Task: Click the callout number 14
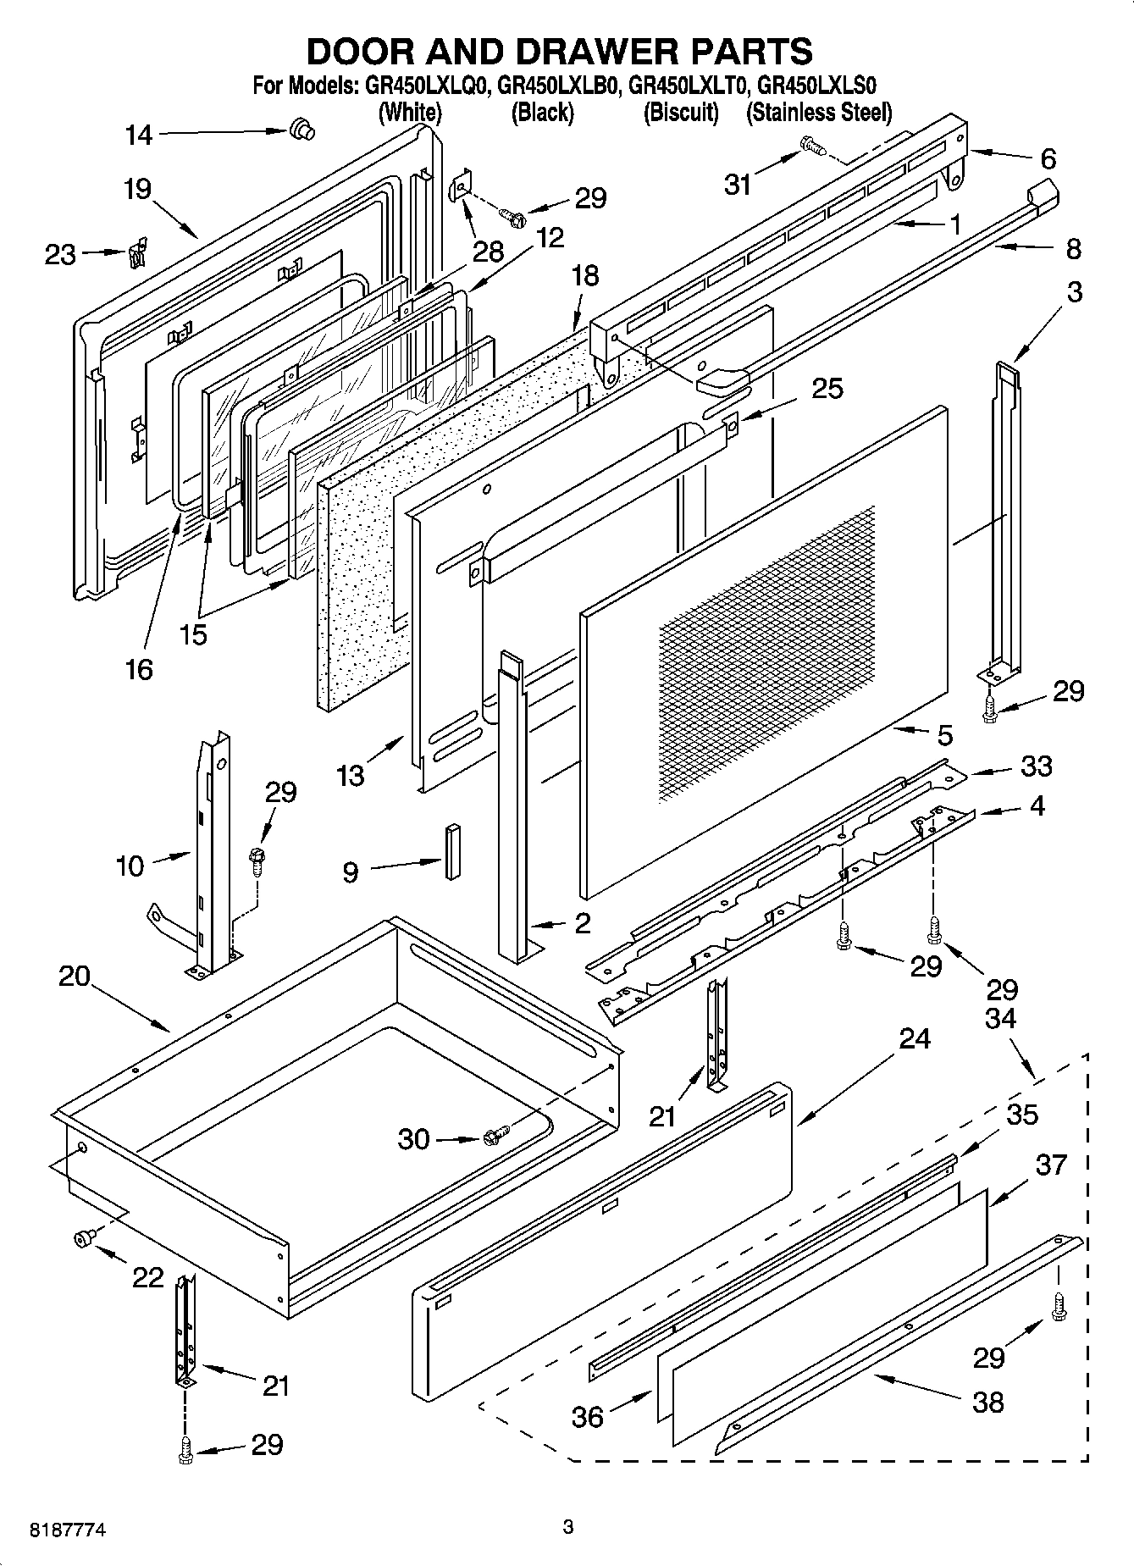coord(138,134)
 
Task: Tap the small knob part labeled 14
coord(301,130)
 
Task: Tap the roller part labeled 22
coord(84,1239)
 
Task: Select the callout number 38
coord(987,1402)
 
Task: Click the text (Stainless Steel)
coord(819,112)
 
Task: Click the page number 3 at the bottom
coord(568,1527)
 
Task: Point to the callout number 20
coord(75,976)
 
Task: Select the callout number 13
coord(350,774)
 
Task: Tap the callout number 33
coord(1036,766)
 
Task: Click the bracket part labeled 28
coord(461,186)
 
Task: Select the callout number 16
coord(138,668)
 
